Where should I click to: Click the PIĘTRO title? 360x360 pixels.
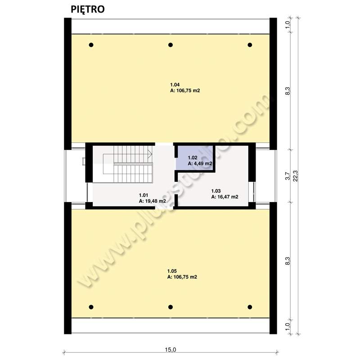tap(87, 9)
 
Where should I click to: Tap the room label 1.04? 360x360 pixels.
tap(175, 85)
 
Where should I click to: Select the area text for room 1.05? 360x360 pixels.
tap(182, 277)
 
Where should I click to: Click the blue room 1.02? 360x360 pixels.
tap(195, 158)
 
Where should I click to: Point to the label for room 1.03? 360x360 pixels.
tap(216, 191)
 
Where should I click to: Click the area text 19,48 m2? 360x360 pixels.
tap(153, 201)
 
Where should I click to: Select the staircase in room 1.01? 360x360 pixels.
tap(128, 164)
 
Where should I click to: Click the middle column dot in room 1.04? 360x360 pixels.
tap(171, 45)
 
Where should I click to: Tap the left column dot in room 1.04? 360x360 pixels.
tap(91, 45)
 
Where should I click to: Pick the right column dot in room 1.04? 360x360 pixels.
tap(250, 45)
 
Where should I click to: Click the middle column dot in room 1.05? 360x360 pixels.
tap(171, 307)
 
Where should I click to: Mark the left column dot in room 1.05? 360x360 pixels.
tap(91, 307)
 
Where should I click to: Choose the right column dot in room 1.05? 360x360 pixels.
tap(250, 307)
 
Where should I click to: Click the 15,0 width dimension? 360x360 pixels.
tap(171, 350)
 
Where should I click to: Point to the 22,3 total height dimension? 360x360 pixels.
tap(295, 176)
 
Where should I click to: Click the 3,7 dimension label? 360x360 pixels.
tap(288, 176)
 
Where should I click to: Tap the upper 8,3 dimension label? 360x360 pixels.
tap(288, 91)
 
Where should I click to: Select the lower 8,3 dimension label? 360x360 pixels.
tap(288, 261)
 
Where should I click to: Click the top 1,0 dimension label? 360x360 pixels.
tap(288, 25)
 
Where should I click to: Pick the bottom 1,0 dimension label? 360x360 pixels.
tap(288, 327)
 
